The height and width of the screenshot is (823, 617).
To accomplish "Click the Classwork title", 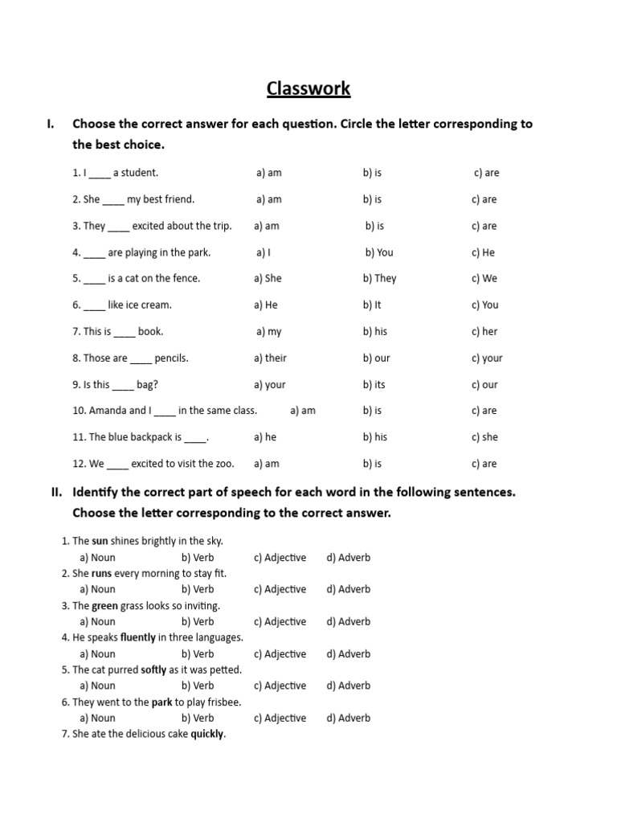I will (308, 88).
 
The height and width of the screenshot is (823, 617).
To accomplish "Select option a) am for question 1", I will (269, 173).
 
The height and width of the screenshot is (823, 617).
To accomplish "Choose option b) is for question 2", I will (372, 199).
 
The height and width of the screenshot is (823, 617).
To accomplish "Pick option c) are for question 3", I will (484, 226).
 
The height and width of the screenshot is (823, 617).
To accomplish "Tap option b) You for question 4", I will (379, 252).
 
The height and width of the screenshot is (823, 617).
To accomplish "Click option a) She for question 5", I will (268, 278).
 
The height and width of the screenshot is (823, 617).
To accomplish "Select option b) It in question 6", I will (371, 305).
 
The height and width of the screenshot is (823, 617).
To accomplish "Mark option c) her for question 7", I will (484, 331).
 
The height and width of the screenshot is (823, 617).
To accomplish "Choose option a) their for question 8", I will (270, 358).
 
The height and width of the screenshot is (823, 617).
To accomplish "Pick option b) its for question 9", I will (374, 384).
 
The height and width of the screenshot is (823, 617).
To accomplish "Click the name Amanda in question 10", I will (108, 410).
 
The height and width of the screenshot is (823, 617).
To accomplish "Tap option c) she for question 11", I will (484, 437).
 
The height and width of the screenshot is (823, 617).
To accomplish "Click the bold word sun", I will (100, 541).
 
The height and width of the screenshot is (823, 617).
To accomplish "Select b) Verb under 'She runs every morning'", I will (198, 589).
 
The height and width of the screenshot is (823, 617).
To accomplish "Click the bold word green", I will (104, 605).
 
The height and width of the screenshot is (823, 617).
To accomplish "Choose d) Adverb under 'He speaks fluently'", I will (348, 653).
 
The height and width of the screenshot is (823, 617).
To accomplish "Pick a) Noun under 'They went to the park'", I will (97, 718).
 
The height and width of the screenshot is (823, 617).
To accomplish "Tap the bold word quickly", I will (207, 734).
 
